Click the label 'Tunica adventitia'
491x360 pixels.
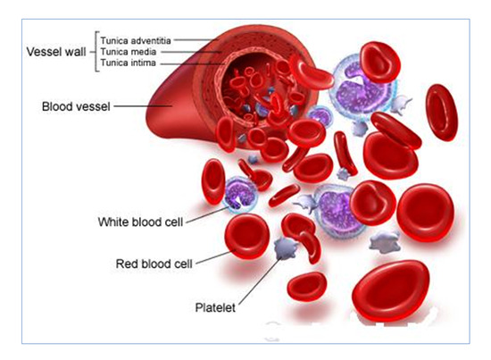coord(136,41)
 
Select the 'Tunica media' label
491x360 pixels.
coord(128,52)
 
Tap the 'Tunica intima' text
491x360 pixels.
coord(128,63)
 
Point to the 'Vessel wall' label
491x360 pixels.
coord(56,52)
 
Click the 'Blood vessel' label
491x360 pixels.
coord(76,106)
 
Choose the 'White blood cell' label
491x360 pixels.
coord(140,222)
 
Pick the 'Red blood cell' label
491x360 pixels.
coord(154,264)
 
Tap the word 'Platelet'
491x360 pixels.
coord(215,307)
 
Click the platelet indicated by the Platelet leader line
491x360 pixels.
coord(285,248)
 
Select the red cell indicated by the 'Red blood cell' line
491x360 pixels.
coord(247,236)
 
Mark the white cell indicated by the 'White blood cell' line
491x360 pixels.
coord(240,195)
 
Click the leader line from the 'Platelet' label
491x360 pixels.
coord(260,281)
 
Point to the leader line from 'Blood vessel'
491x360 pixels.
coord(143,106)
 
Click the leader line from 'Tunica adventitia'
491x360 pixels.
coord(196,40)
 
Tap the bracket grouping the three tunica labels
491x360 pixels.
coord(96,52)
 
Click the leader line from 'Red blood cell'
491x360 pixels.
coord(216,257)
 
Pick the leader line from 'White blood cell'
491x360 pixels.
coord(208,214)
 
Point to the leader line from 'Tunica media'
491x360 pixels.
coord(191,52)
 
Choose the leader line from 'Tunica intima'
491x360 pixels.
coord(193,64)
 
